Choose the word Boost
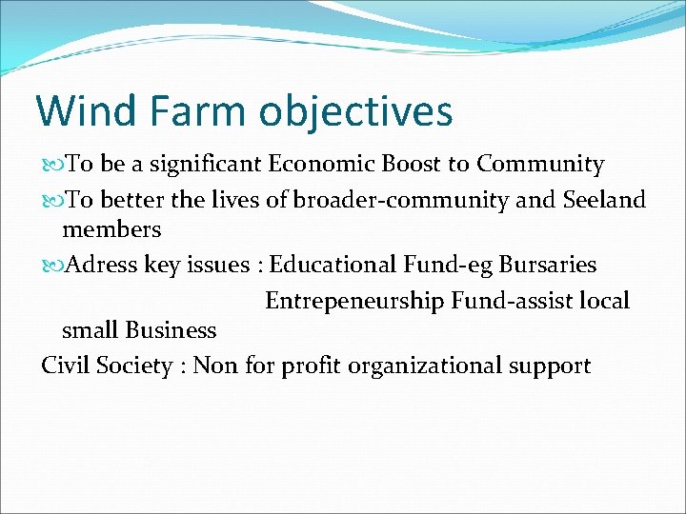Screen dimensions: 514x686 411,164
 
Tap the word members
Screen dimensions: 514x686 111,229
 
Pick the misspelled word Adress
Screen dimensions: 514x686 101,265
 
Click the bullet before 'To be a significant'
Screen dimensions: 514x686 51,166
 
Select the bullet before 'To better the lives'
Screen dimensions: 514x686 51,201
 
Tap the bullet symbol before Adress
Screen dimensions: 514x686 51,266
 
